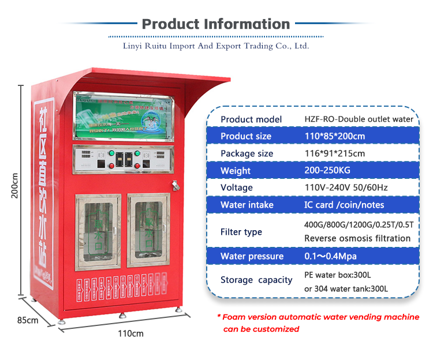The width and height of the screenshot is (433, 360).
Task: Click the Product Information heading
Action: (x=216, y=24)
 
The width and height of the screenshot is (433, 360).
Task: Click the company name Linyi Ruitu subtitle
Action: (x=216, y=46)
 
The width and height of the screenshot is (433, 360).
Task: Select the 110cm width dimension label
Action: (x=131, y=333)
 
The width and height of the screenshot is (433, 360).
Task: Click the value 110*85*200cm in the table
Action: (x=335, y=136)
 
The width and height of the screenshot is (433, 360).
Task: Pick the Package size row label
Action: (x=247, y=153)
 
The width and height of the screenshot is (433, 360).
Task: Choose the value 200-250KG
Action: (x=327, y=171)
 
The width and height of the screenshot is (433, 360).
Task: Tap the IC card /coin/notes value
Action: (x=344, y=205)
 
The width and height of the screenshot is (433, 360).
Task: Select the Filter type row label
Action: (x=241, y=232)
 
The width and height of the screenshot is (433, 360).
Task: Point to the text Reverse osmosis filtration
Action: (x=357, y=238)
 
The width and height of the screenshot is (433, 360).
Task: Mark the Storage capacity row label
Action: (x=256, y=280)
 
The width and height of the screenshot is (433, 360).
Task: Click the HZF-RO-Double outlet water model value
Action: (x=359, y=119)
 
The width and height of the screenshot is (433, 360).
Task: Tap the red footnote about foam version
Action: (x=318, y=323)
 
